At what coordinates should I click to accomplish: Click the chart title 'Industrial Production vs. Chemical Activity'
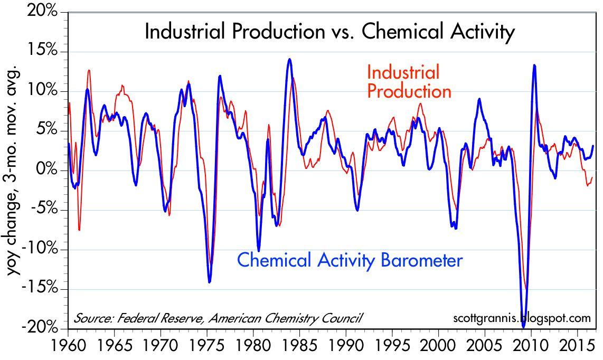329,32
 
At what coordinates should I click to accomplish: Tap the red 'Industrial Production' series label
409,82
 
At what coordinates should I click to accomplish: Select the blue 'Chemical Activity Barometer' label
350,260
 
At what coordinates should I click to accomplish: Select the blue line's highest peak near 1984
289,59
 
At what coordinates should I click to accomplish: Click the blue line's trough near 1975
210,282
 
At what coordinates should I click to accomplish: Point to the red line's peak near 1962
89,70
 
